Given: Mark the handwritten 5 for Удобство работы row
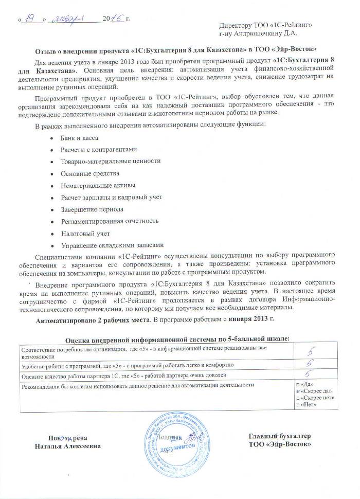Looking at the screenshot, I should pyautogui.click(x=310, y=364).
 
